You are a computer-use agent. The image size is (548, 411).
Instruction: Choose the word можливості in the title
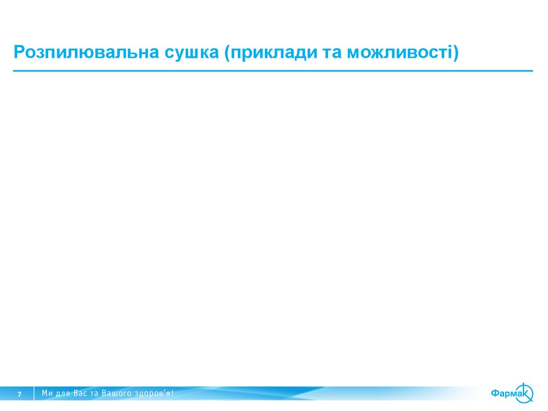[399, 53]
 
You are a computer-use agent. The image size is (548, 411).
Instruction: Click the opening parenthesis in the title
[227, 54]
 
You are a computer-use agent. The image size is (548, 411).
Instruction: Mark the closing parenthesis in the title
[455, 54]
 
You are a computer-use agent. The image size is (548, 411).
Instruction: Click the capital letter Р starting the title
[18, 53]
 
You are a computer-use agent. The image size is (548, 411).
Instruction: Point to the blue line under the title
[273, 71]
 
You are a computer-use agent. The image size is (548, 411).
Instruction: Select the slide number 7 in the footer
[19, 394]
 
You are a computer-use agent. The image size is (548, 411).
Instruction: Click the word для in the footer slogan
[63, 394]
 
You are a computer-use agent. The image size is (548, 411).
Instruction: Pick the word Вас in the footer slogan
[81, 394]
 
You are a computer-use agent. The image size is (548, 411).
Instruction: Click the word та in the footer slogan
[96, 394]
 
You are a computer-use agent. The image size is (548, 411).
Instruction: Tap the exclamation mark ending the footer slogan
[172, 394]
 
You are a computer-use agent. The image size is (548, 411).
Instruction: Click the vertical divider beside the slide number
[34, 393]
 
